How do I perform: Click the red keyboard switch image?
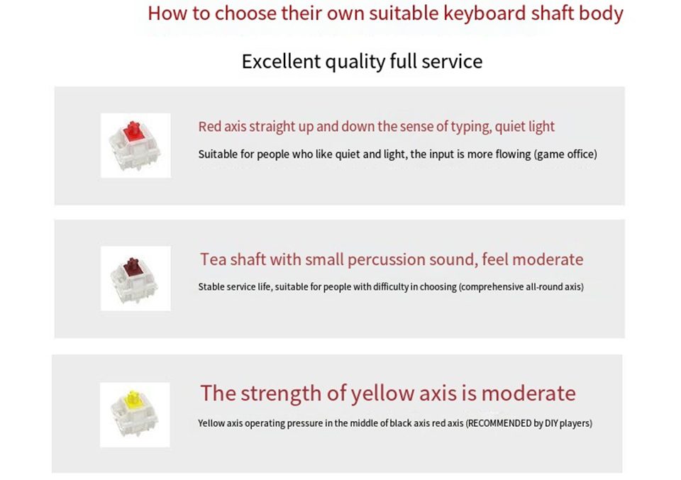[135, 145]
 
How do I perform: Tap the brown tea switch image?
[135, 279]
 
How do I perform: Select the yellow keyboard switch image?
[135, 415]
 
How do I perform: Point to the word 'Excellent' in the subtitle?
[281, 62]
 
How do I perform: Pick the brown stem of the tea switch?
[132, 267]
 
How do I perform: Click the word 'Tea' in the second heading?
[214, 259]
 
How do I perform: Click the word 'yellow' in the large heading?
[384, 393]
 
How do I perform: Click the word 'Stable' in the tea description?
[211, 287]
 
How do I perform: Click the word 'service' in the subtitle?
[452, 62]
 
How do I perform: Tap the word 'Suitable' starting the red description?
[216, 155]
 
